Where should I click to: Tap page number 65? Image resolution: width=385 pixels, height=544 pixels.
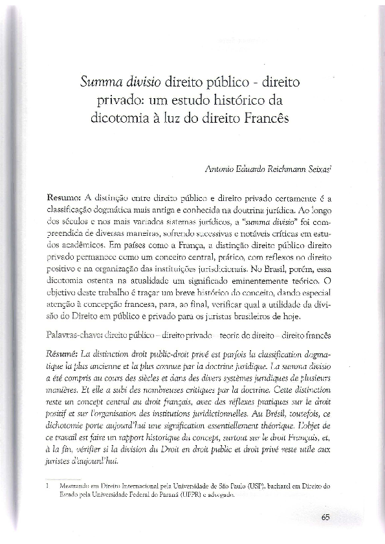click(x=326, y=516)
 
